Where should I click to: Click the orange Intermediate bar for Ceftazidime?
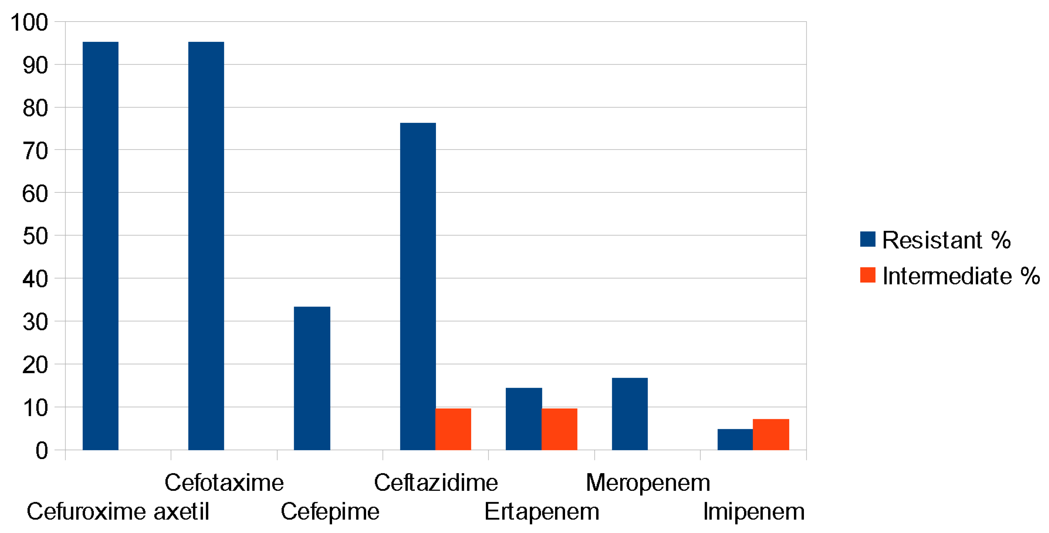pos(453,429)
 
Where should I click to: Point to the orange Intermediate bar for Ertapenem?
pos(559,429)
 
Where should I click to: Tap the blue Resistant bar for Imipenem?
pos(735,439)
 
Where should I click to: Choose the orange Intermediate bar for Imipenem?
pos(771,434)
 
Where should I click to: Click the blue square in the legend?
pos(868,240)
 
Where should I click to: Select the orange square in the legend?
pos(868,275)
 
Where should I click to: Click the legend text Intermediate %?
pos(961,276)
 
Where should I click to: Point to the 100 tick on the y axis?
pos(29,22)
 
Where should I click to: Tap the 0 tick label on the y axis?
pos(41,451)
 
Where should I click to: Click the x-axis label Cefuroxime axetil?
pos(118,511)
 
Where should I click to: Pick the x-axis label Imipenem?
pos(753,511)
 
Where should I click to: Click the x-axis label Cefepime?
pos(330,511)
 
